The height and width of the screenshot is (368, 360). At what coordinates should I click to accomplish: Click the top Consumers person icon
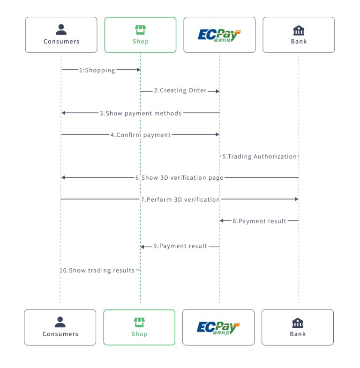[61, 30]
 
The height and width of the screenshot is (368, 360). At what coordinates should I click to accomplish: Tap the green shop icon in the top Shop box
[140, 30]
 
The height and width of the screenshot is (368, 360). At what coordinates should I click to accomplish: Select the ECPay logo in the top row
[219, 35]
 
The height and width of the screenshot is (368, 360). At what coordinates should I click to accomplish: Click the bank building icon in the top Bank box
[299, 30]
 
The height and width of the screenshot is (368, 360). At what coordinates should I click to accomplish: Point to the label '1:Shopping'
[97, 70]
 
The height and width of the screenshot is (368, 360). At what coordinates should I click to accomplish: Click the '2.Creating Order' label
[180, 91]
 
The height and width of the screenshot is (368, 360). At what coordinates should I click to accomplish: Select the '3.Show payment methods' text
[140, 113]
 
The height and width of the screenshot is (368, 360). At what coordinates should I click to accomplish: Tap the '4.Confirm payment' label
[141, 135]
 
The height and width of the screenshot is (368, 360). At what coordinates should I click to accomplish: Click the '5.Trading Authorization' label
[259, 156]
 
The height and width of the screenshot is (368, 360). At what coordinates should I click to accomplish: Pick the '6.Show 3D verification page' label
[179, 178]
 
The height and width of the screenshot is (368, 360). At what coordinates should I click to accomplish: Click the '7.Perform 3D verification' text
[180, 199]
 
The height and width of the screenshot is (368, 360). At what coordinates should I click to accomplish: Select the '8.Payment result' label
[259, 221]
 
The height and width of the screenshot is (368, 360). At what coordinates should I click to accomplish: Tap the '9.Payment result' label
[180, 246]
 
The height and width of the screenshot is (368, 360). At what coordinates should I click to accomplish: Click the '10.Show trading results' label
[97, 271]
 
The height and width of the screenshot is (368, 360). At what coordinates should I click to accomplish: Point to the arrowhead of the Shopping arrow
[138, 70]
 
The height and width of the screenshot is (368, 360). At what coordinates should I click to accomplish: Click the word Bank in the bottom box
[298, 334]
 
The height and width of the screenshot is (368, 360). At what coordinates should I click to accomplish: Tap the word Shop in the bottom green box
[139, 334]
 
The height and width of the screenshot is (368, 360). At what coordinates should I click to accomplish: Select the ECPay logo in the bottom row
[218, 327]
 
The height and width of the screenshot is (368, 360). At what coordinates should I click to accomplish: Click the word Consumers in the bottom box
[60, 334]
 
